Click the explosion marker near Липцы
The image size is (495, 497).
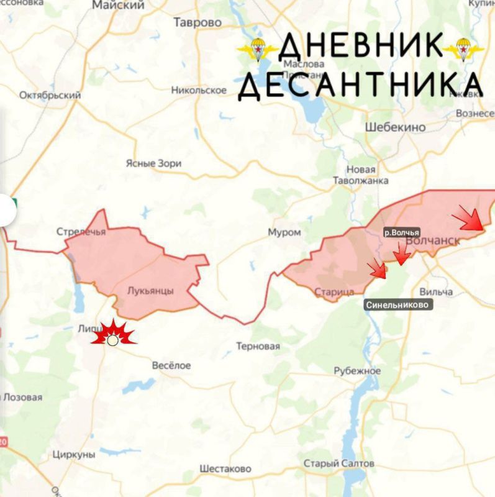113,335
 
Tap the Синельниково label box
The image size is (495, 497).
398,305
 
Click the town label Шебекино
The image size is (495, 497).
395,127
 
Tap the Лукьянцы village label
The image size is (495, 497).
150,290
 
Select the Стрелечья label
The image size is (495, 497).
81,232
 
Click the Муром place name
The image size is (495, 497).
284,232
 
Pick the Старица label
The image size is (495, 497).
334,292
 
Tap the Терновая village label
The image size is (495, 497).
258,346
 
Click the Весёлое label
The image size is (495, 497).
171,365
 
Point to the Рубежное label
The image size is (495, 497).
357,371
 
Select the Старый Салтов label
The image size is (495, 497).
339,463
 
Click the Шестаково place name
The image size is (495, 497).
225,468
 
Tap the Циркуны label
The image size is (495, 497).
74,454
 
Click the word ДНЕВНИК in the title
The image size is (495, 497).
361,47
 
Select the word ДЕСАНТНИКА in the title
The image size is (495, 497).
360,85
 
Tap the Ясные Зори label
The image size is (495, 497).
153,163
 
